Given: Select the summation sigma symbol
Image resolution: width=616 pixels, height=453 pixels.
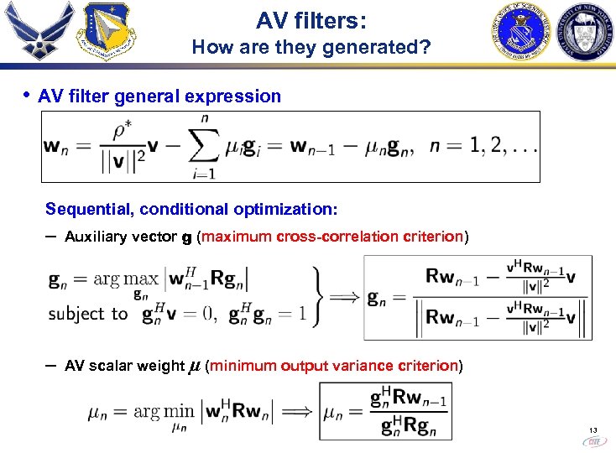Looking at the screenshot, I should coord(201,148).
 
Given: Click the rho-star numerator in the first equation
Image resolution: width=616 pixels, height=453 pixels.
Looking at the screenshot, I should coord(121,133).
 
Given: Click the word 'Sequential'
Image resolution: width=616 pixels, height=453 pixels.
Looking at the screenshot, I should coord(85,208).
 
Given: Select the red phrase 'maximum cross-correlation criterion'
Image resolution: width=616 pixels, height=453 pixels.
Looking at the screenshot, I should coord(332,237).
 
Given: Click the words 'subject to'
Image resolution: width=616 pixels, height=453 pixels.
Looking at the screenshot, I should coord(88,314).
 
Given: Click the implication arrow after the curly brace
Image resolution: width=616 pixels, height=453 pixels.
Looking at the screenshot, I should coord(345,297).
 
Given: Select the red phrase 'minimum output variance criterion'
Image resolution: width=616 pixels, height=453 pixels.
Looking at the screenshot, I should coord(332,366).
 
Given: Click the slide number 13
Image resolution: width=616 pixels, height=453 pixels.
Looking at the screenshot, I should coord(593,431).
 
